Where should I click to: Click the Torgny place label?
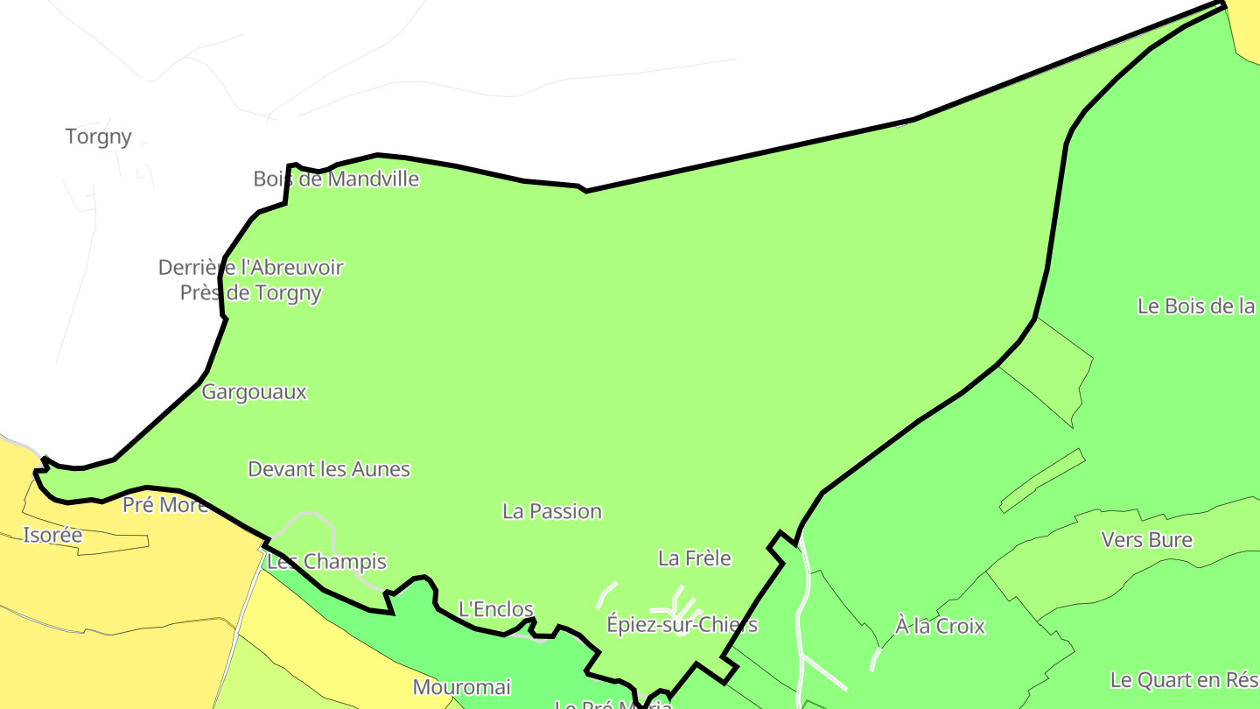coord(98,137)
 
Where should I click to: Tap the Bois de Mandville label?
coord(336,179)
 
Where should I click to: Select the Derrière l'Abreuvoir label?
coord(250,268)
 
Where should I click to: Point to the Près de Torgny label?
coord(250,293)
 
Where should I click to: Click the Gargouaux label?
coord(254,392)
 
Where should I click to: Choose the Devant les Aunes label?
coord(329,469)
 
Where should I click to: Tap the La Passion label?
coord(552,511)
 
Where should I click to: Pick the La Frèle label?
coord(694,558)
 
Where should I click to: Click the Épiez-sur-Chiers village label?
coord(682,625)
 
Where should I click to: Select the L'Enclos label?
coord(495,609)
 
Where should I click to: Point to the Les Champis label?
coord(326,562)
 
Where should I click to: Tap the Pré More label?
coord(165,505)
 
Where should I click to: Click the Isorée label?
coord(52,536)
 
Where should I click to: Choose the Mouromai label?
coord(461,688)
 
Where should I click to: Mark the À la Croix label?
coord(940,627)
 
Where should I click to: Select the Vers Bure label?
coord(1146,540)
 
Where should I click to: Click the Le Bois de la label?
coord(1196,306)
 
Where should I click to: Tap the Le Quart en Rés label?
coord(1184,680)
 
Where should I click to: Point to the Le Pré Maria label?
coord(612,704)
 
